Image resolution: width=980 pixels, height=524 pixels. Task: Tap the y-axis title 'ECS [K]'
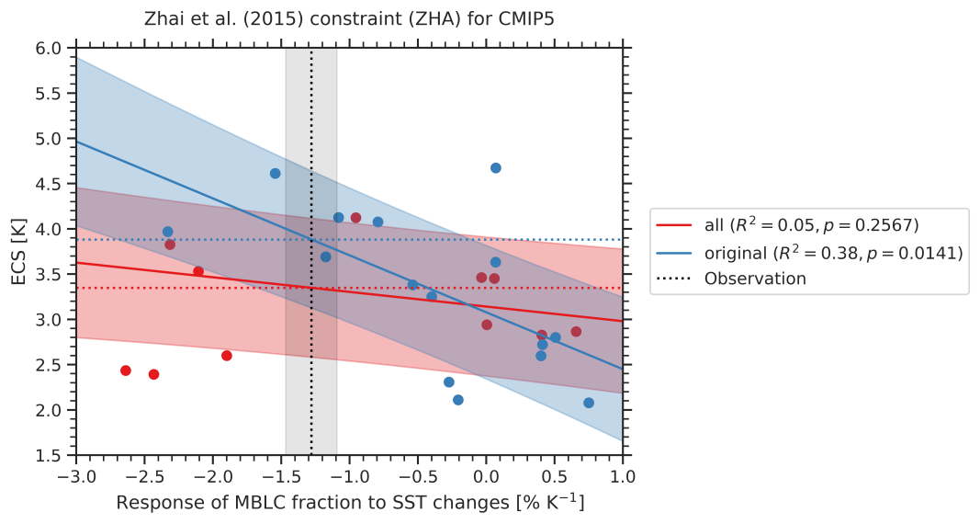pos(20,252)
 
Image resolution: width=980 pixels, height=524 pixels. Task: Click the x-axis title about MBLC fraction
pos(350,503)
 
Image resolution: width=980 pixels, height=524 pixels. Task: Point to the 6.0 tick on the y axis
pos(50,48)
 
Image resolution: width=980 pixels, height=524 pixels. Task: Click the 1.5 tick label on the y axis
pos(50,456)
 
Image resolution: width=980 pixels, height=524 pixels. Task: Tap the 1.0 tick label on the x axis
pos(623,477)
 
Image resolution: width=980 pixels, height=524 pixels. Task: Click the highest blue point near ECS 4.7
pos(496,168)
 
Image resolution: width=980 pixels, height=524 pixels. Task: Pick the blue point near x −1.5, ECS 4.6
pos(275,174)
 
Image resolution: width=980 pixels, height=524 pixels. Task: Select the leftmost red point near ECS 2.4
pos(126,370)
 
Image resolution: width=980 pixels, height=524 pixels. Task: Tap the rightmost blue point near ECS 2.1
pos(589,403)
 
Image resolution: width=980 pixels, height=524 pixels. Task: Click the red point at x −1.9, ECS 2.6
pos(227,356)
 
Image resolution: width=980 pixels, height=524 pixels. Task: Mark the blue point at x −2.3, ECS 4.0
pos(167,232)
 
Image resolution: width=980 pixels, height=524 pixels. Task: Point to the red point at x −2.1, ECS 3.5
pos(198,271)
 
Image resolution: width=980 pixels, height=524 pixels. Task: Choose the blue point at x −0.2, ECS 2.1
pos(458,400)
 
